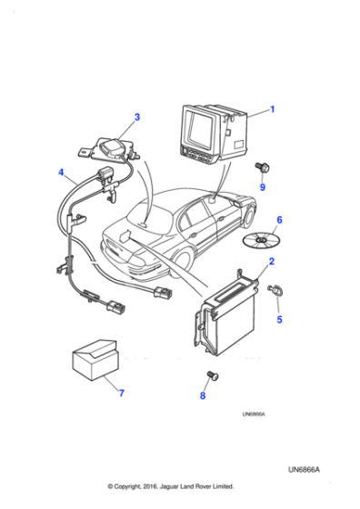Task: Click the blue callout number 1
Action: pos(272,110)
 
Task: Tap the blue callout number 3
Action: pos(137,116)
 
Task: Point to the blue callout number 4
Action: pos(61,171)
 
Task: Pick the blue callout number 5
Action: pos(280,319)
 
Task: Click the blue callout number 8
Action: pos(203,396)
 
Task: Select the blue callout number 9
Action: pos(262,188)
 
